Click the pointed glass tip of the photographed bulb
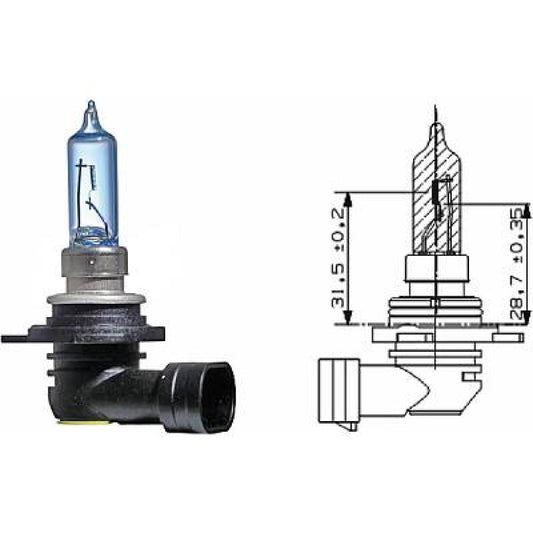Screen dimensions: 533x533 pyautogui.click(x=91, y=106)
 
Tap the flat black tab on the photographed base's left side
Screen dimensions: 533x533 pyautogui.click(x=20, y=338)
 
